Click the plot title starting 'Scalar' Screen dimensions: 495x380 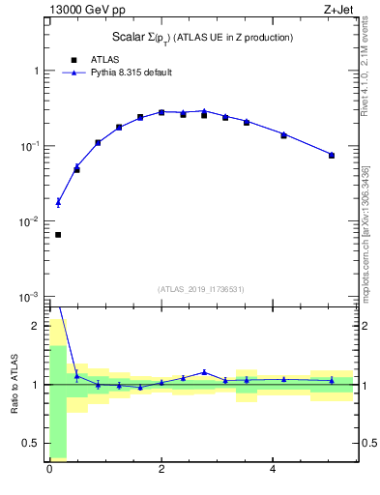[202, 37]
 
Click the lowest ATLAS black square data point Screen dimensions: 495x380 [58, 235]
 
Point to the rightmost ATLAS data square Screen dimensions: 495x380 [332, 155]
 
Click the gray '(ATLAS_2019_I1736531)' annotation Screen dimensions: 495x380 [201, 289]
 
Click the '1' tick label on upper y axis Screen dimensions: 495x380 [36, 72]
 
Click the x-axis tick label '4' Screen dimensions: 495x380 [274, 470]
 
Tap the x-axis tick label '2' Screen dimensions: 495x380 [161, 470]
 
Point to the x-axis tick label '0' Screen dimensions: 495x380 [49, 470]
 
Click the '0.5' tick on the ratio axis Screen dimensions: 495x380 [31, 443]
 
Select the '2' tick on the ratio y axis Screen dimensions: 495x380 [37, 326]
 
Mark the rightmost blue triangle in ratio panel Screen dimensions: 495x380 [332, 380]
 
